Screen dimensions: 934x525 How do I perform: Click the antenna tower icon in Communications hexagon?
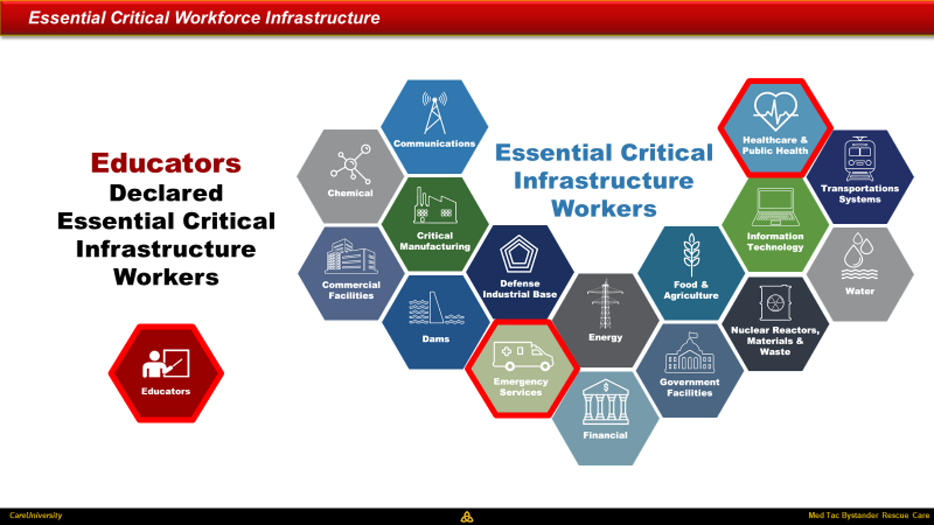point(435,113)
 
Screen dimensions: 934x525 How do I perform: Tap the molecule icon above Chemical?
point(351,164)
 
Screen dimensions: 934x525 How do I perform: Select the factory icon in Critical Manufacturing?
point(435,205)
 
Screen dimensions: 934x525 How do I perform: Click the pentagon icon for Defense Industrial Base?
point(519,254)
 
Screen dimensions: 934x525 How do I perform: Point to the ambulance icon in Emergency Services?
point(523,356)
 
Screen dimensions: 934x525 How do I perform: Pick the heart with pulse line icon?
point(776,111)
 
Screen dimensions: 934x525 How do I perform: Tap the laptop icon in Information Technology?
point(776,207)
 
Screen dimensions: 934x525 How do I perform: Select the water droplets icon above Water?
point(859,256)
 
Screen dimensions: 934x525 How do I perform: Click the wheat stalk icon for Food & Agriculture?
point(691,254)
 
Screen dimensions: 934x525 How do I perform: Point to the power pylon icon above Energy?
point(605,304)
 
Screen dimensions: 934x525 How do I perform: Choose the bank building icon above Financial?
point(606,402)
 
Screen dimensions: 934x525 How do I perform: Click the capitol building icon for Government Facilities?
point(689,353)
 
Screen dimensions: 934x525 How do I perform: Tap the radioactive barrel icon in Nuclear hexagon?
point(775,303)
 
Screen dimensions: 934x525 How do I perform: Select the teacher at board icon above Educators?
point(166,364)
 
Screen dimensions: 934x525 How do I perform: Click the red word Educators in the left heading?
point(166,163)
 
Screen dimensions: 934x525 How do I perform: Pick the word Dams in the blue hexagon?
point(436,339)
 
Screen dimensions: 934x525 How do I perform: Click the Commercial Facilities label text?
point(351,290)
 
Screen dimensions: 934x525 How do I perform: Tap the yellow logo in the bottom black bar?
point(467,517)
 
